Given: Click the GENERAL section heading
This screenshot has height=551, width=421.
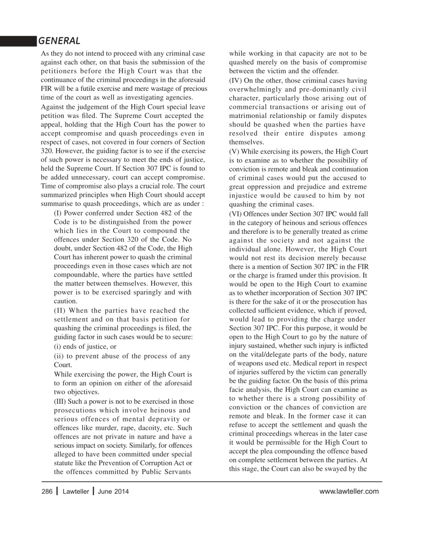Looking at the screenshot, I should pos(59,41).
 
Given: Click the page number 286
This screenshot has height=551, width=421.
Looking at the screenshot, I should pos(47,492).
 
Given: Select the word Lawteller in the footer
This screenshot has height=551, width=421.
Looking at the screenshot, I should pos(76,492).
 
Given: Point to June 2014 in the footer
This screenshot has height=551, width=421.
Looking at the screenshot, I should pos(113,492).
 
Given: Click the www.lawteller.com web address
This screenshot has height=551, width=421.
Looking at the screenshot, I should pos(349,491).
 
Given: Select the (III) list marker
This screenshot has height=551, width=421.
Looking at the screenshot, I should pos(60,402).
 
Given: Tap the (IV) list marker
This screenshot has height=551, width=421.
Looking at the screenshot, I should pos(235,80).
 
